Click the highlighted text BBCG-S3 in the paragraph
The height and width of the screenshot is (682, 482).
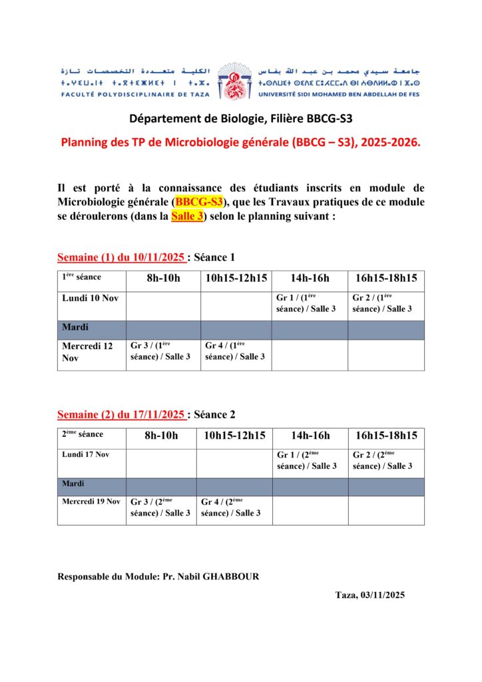pyautogui.click(x=200, y=202)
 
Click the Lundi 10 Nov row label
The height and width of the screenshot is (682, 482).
pyautogui.click(x=90, y=298)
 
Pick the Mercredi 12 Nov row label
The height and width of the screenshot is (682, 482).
pyautogui.click(x=87, y=352)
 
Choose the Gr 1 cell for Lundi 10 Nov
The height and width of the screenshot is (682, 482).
pyautogui.click(x=306, y=303)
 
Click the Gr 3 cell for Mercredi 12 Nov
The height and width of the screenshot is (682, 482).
pyautogui.click(x=160, y=351)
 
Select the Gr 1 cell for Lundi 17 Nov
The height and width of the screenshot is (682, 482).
pyautogui.click(x=306, y=460)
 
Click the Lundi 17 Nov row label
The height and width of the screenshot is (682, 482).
pyautogui.click(x=85, y=454)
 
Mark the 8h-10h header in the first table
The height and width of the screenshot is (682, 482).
pyautogui.click(x=163, y=278)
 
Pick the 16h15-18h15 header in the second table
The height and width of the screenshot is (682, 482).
pyautogui.click(x=386, y=436)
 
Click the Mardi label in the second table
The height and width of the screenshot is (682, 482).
pyautogui.click(x=74, y=484)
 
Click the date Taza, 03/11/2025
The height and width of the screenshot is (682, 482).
pyautogui.click(x=369, y=595)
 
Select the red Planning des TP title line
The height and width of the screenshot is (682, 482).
pyautogui.click(x=240, y=142)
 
